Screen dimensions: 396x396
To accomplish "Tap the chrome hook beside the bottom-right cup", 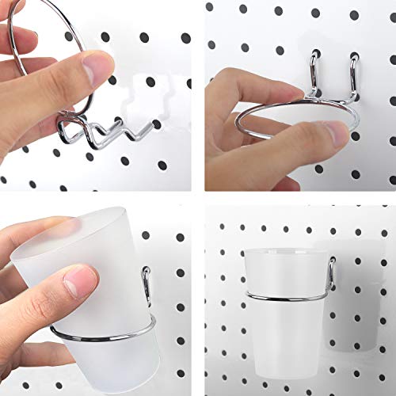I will tap(333, 273).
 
